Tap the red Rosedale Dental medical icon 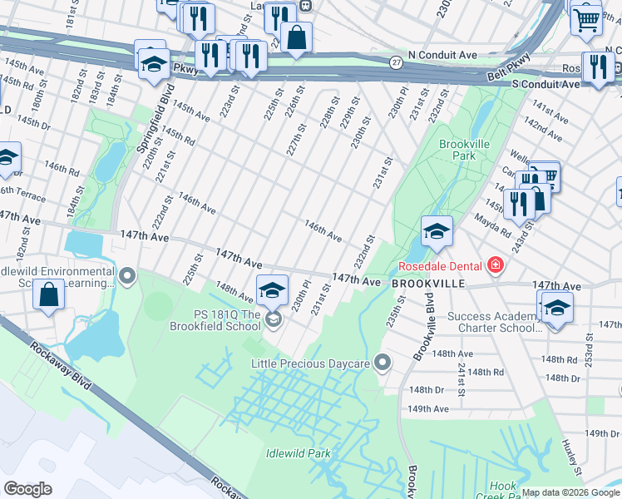tap(496, 266)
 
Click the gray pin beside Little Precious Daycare tap(383, 362)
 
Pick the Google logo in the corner tap(27, 489)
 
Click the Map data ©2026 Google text tap(570, 492)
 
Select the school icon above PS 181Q tap(272, 289)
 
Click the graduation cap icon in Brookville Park tap(436, 231)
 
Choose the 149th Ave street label tap(427, 408)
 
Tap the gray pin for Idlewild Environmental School tap(126, 274)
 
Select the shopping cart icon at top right tap(586, 18)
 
